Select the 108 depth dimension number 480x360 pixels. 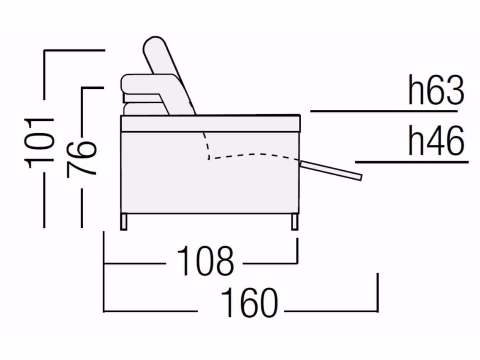[205, 261]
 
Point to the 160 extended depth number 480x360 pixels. [249, 303]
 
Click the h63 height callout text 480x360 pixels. [436, 90]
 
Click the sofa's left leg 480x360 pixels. [124, 222]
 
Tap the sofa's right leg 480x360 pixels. [295, 222]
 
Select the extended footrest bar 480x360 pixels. [331, 170]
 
